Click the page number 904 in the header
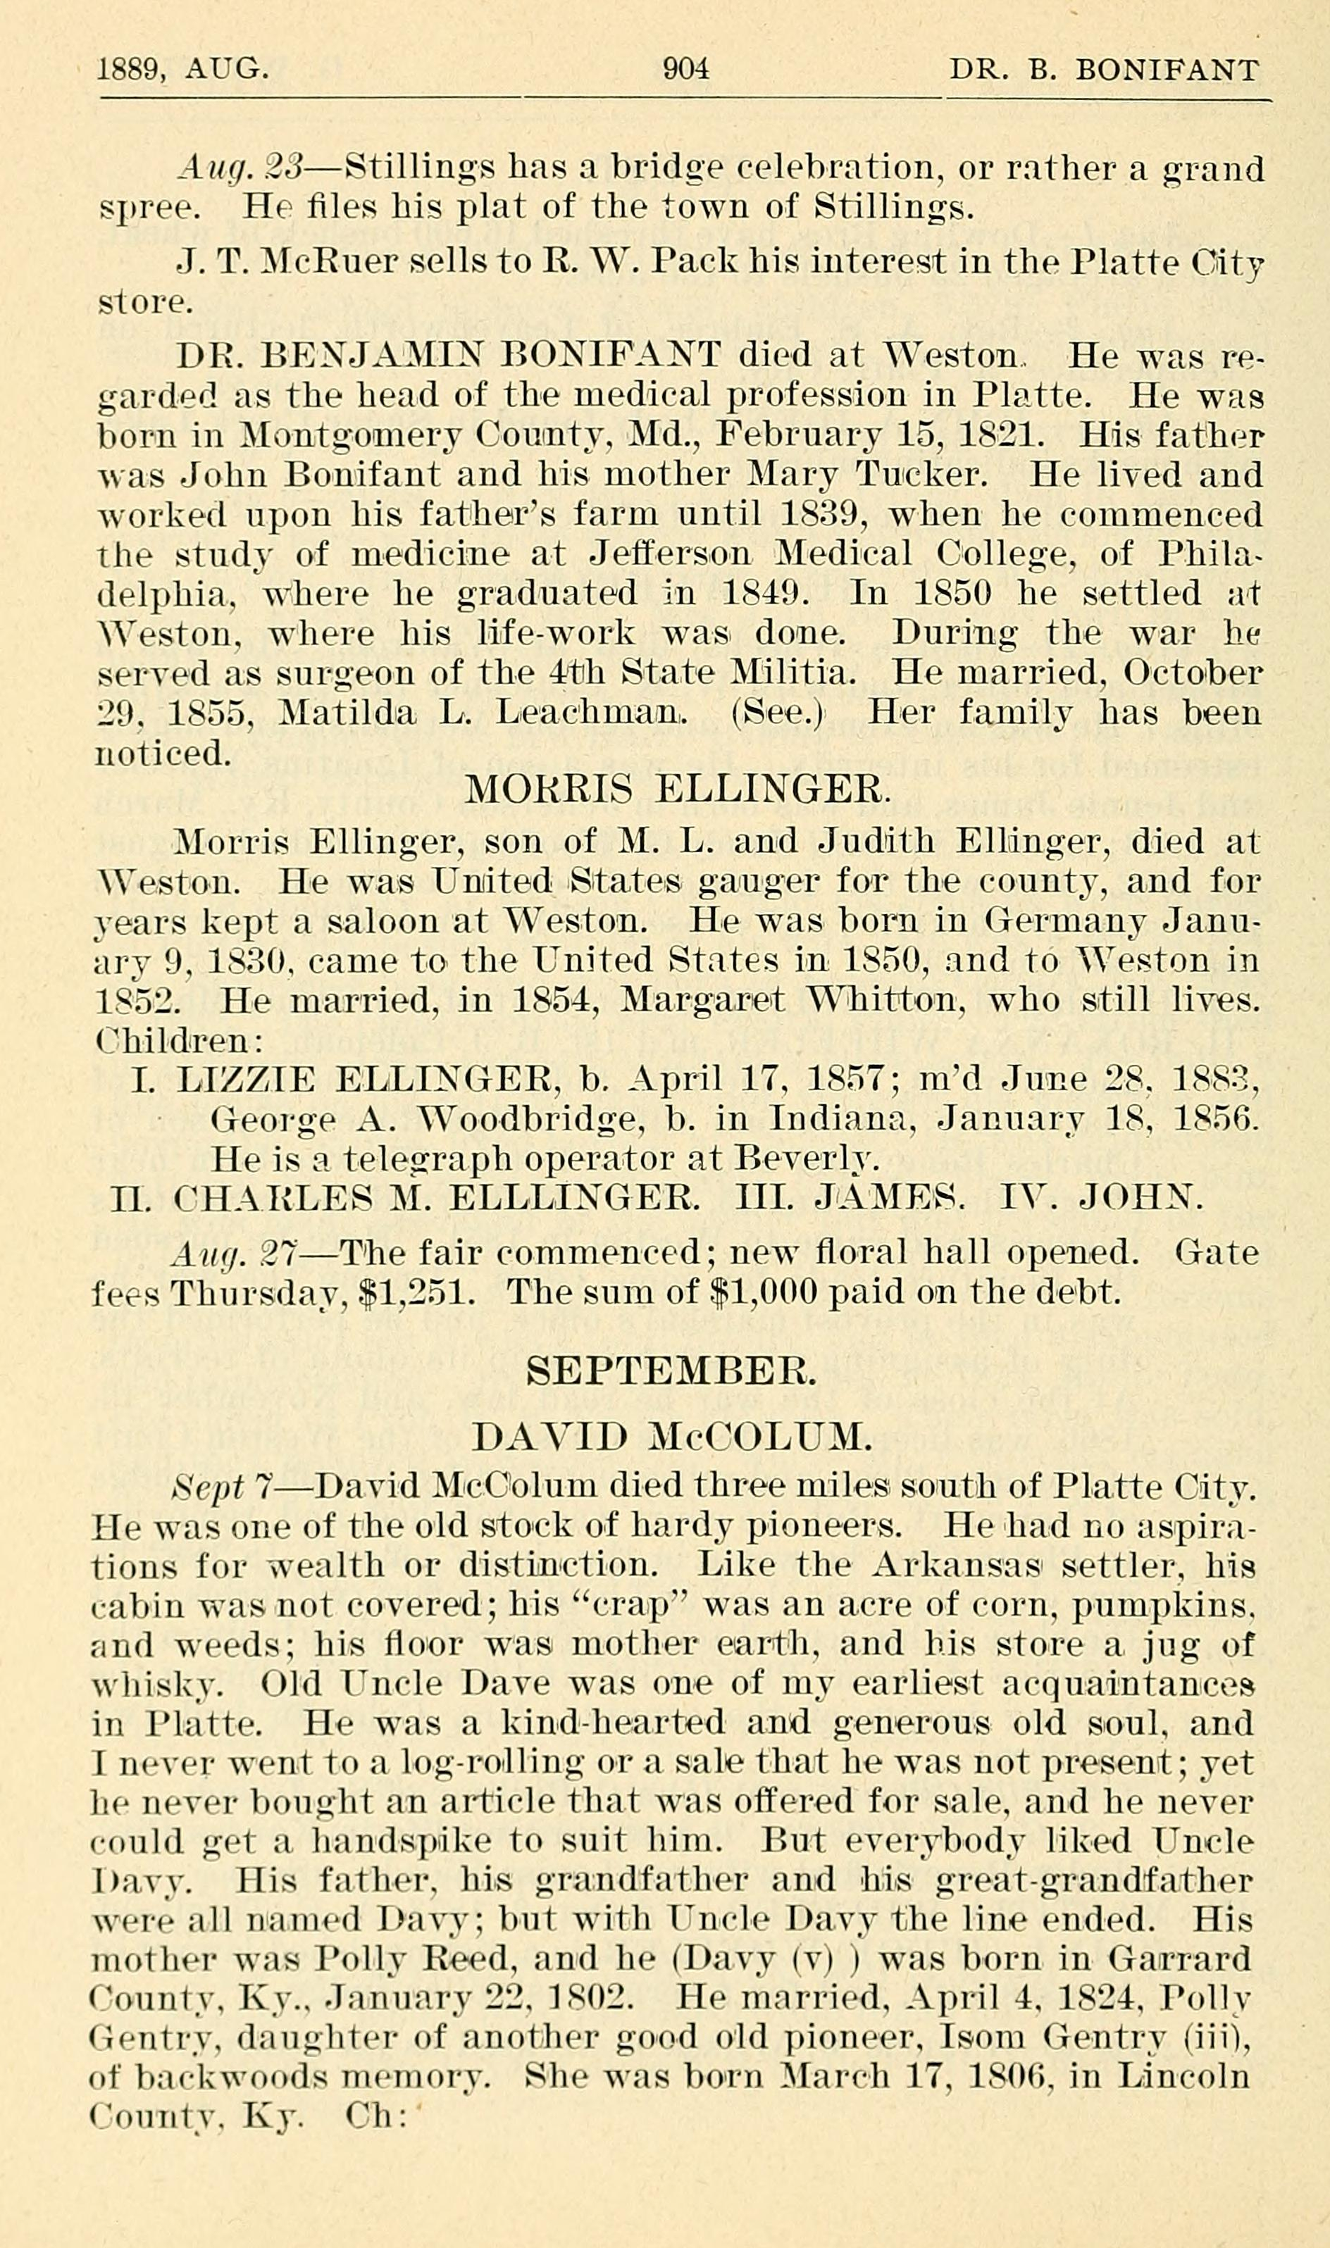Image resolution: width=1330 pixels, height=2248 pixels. [x=685, y=69]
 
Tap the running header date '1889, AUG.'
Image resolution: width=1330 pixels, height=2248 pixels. [x=183, y=69]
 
